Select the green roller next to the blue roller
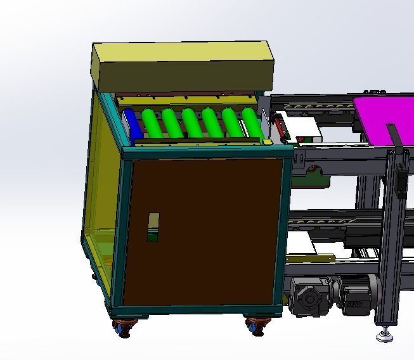coord(152,122)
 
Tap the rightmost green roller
coord(252,123)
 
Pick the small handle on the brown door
coord(153,227)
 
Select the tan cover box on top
coord(183,66)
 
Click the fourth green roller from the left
coord(192,122)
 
